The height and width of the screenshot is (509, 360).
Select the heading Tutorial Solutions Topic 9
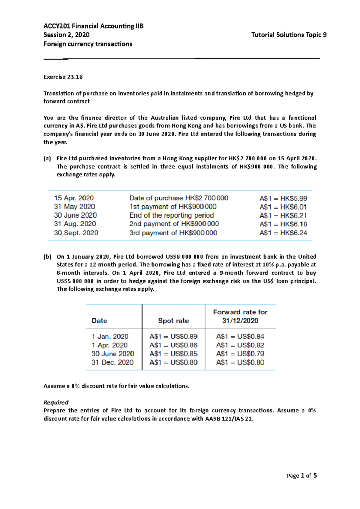point(289,35)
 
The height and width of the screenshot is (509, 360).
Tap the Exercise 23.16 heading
point(63,77)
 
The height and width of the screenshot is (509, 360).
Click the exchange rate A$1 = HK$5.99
point(283,198)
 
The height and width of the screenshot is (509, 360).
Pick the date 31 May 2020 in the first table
point(74,207)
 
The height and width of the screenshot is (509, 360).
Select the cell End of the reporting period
point(171,216)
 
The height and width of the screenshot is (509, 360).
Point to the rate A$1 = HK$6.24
point(283,233)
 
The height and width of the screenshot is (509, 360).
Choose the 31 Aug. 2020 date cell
point(75,224)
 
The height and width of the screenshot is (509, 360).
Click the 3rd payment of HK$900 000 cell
point(173,233)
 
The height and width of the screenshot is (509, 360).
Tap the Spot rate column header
point(173,321)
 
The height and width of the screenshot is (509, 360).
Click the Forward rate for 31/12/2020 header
point(240,316)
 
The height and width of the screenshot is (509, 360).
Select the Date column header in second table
point(99,321)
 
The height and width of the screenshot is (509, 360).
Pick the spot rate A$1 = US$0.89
point(173,337)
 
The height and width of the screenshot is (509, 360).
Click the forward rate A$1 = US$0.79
point(240,354)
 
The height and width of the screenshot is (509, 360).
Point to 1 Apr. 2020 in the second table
point(109,345)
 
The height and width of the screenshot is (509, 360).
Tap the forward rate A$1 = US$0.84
point(240,337)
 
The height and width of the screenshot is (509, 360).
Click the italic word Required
point(56,402)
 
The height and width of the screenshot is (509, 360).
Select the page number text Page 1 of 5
point(301,476)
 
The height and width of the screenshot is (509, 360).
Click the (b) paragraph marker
point(47,257)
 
